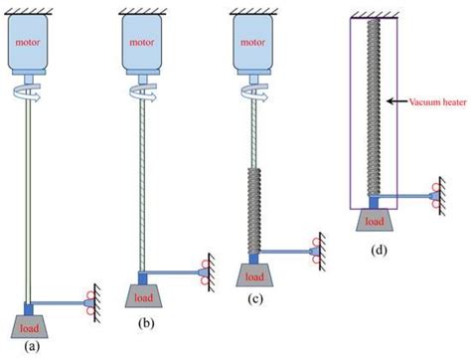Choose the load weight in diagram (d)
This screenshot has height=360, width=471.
(374, 220)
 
